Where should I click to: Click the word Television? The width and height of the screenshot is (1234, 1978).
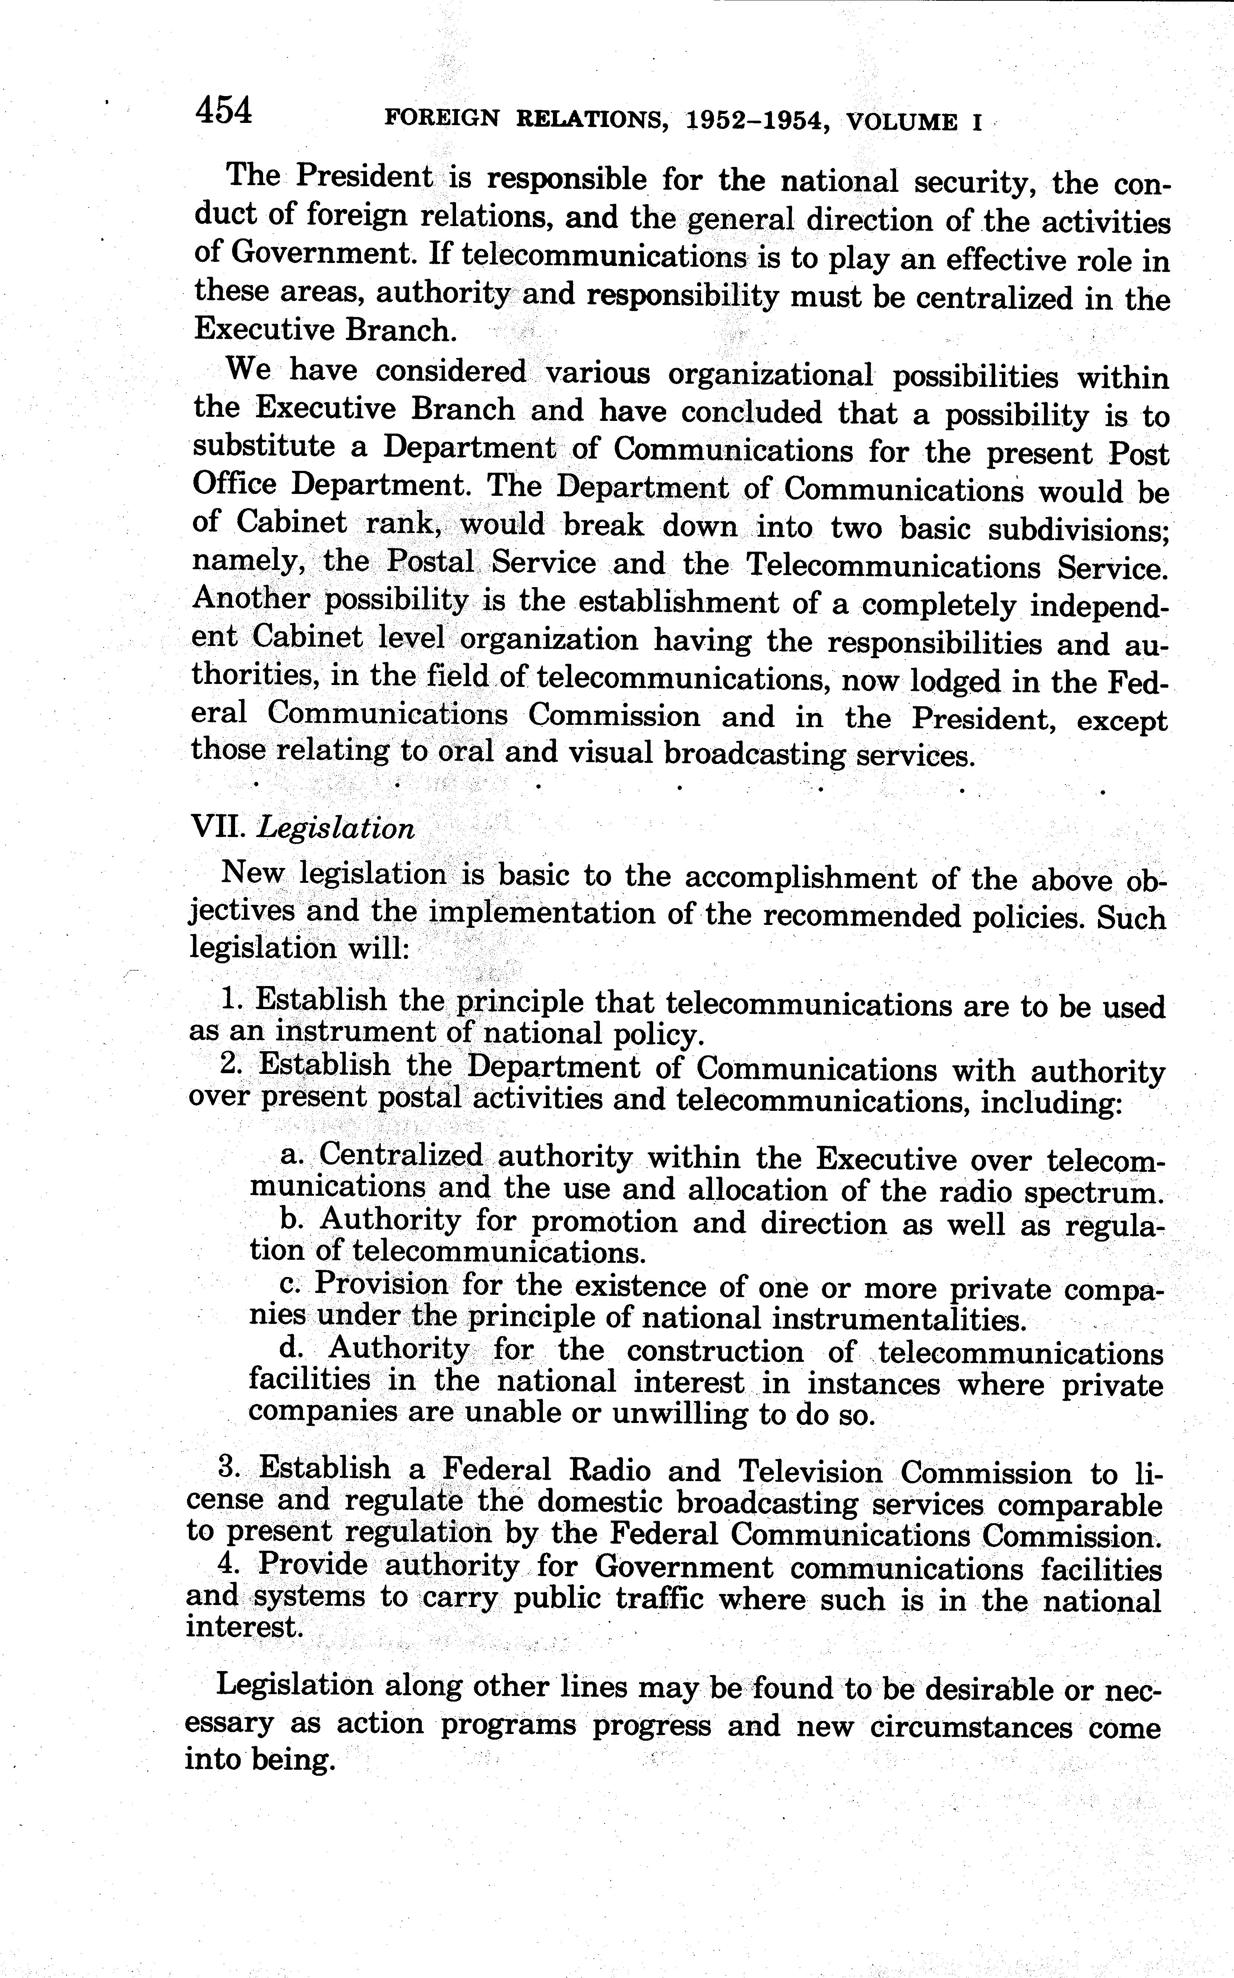pos(810,1472)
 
